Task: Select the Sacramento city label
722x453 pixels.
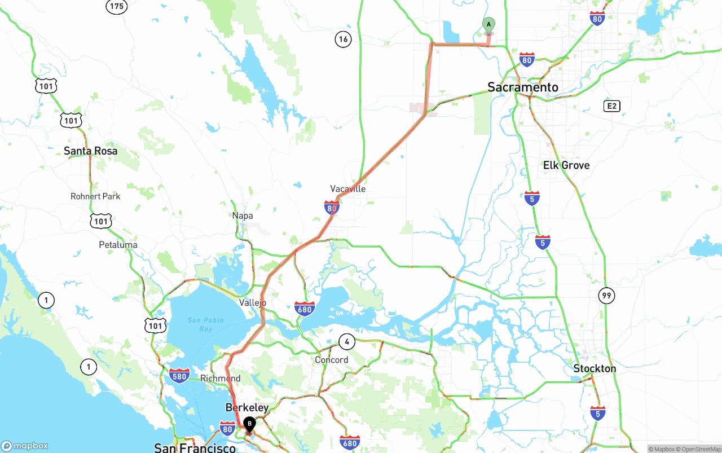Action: (523, 87)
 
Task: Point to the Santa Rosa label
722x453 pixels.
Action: (90, 151)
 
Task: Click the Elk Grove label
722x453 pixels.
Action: (566, 165)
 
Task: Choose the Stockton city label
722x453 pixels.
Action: (595, 368)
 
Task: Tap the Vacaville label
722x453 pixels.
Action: (348, 188)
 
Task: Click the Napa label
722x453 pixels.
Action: (243, 215)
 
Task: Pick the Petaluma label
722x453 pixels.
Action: (118, 245)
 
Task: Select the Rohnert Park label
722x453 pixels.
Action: (95, 196)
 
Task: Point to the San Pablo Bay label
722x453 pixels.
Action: (205, 324)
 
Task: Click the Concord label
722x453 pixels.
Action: (332, 360)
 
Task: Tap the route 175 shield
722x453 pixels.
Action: (116, 6)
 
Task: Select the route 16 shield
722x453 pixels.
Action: (343, 39)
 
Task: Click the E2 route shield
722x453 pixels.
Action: (611, 106)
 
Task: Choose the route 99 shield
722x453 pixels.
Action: (606, 295)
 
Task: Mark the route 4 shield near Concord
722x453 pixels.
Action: (347, 341)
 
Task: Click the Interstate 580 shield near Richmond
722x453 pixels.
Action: (179, 375)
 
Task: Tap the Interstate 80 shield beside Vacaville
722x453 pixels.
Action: (332, 207)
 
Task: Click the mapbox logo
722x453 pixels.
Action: (25, 446)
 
